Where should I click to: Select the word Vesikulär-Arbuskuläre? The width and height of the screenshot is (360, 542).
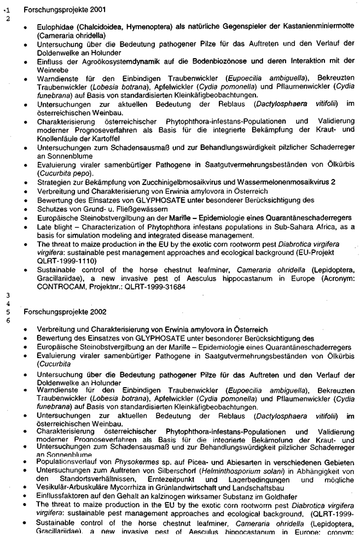pos(74,491)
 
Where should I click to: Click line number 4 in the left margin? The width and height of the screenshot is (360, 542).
pos(8,303)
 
